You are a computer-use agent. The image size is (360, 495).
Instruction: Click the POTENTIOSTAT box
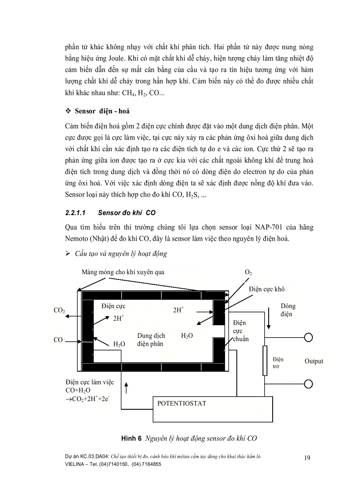point(214,409)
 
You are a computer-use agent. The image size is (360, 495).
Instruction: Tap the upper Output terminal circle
point(309,338)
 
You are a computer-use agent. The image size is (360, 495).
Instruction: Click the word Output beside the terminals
point(314,361)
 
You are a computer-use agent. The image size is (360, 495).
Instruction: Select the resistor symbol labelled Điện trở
point(265,361)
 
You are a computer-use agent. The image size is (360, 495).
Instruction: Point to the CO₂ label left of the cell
point(59,310)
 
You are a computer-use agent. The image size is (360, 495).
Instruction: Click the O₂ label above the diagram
point(248,273)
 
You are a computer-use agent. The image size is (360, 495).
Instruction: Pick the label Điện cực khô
point(266,289)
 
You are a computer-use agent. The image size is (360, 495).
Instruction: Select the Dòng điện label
point(288,310)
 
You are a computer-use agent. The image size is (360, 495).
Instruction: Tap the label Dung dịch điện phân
point(151,339)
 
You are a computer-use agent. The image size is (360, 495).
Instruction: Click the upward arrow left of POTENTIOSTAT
point(127,388)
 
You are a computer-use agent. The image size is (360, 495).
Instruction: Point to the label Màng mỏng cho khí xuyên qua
point(123,272)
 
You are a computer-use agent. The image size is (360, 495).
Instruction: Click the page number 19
point(307,458)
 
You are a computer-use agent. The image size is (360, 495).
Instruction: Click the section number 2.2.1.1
point(77,212)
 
